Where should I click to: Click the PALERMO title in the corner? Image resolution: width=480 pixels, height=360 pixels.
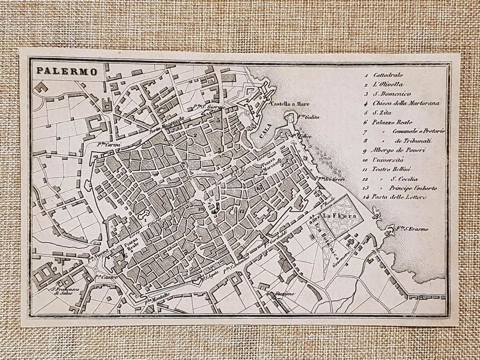point(67,72)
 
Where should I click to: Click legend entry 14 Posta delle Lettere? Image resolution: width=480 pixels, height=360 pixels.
point(398,197)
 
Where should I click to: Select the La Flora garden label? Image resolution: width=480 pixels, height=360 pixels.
point(336,216)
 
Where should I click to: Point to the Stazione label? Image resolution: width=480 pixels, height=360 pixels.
point(285,294)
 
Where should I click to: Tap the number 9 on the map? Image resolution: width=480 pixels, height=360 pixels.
point(54,269)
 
